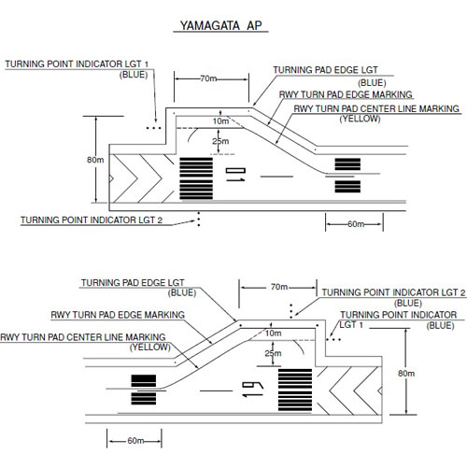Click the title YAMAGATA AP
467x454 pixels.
pos(220,25)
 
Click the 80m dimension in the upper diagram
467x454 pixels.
pos(95,160)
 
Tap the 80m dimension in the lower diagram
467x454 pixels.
pos(406,373)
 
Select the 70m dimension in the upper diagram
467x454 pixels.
pos(208,78)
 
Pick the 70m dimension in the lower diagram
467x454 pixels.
pos(279,287)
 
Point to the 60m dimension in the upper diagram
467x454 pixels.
pos(356,224)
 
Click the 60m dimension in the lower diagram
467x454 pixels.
pos(135,441)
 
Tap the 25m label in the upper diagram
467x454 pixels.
pos(220,141)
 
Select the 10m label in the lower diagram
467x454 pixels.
pos(274,333)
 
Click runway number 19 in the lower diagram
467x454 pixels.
pos(253,389)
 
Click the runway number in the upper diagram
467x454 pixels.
pos(235,175)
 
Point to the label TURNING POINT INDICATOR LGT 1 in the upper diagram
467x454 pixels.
pos(77,64)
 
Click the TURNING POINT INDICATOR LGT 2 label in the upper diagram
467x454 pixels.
pos(92,220)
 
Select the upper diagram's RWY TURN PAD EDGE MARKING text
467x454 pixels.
pos(346,94)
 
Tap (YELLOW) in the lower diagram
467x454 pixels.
pos(150,347)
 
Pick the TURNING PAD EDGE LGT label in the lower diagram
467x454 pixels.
pos(133,283)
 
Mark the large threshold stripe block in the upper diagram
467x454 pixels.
pos(196,178)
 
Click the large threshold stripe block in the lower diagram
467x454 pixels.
pos(295,390)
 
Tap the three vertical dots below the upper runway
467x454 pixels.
pos(199,219)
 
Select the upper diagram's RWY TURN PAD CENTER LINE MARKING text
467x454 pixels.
pos(376,108)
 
